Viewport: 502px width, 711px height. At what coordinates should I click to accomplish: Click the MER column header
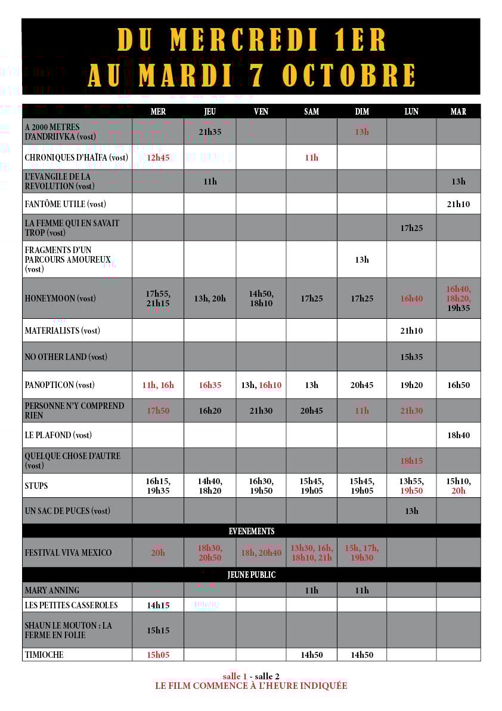coord(158,112)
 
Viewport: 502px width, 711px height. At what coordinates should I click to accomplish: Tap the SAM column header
coord(311,112)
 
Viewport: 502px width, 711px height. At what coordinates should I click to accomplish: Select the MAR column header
coord(458,112)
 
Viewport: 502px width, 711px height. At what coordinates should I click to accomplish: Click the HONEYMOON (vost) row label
coord(60,298)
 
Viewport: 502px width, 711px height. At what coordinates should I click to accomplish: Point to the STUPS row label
coord(36,486)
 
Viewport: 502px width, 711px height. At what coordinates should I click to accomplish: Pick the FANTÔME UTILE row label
coord(66,204)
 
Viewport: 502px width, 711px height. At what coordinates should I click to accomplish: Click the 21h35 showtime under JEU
coord(210,131)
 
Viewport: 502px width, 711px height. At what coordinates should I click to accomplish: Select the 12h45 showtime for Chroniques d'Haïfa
coord(158,158)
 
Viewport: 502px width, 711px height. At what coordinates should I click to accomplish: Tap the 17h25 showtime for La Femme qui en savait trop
coord(411,227)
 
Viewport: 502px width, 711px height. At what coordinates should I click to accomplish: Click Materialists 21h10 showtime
coord(411,331)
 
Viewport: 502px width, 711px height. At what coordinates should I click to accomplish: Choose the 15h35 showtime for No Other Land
coord(411,357)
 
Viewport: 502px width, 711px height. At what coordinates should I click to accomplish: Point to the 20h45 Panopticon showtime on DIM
coord(362,385)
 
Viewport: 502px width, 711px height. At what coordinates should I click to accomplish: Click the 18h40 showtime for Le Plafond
coord(458,435)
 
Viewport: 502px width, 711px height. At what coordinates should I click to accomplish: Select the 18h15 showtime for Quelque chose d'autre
coord(411,461)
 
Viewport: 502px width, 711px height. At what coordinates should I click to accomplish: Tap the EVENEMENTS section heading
coord(252,531)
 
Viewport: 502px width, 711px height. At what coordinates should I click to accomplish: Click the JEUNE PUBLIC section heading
coord(252,575)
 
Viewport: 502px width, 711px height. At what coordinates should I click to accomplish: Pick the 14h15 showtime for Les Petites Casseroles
coord(158,605)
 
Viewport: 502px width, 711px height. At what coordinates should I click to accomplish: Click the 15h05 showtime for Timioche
coord(158,655)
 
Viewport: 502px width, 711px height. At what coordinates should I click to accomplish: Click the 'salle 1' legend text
coord(234,676)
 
